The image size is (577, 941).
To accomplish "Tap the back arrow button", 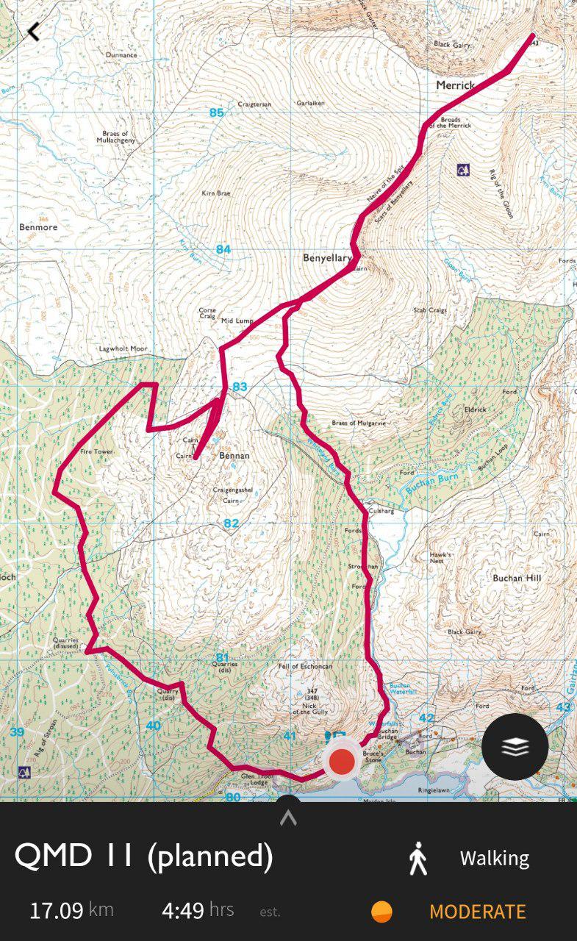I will (33, 32).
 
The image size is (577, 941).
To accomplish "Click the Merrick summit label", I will (456, 85).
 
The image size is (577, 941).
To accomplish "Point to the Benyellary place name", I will (328, 258).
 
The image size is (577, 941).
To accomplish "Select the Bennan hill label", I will (234, 456).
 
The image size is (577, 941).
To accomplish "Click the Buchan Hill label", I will (517, 578).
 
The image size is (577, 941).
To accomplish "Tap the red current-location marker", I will (342, 762).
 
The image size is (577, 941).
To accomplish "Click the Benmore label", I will (38, 227).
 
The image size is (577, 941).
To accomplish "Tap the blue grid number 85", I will (216, 112).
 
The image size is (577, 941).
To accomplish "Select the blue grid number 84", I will (223, 249).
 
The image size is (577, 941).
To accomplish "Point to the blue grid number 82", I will (232, 523).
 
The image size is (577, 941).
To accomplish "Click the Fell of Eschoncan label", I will (305, 666).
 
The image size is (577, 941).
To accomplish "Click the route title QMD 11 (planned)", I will (144, 856).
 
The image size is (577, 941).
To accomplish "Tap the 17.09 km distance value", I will (56, 911).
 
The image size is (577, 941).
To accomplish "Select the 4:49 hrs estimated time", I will (183, 911).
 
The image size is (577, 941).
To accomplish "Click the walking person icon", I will (417, 858).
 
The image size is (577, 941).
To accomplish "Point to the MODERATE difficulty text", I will (477, 912).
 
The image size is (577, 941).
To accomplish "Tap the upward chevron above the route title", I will (288, 817).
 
